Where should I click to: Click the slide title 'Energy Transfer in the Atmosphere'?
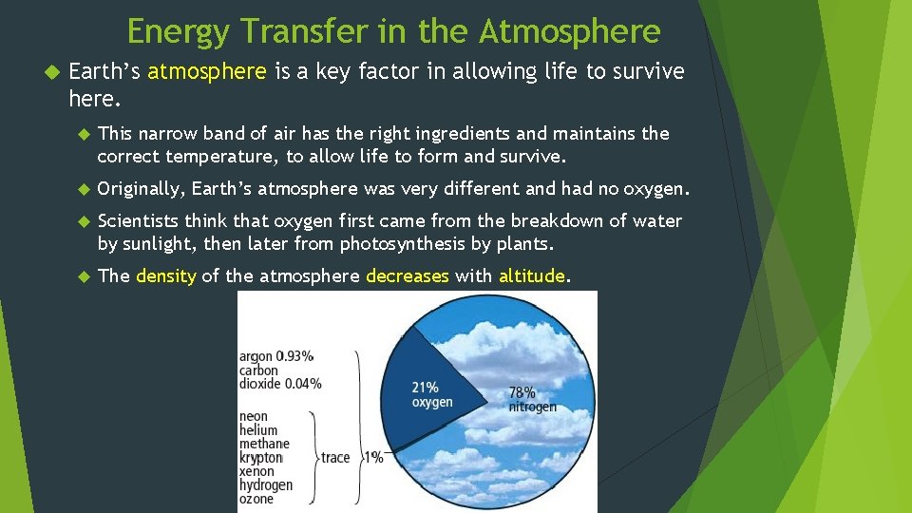tap(393, 31)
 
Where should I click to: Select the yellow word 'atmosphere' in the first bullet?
tap(208, 72)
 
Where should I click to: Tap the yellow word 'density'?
tap(165, 276)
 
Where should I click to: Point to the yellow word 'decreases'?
tap(408, 276)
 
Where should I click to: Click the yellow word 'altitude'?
tap(532, 276)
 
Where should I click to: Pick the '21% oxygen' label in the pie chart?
tap(431, 394)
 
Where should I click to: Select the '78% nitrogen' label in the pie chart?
tap(532, 399)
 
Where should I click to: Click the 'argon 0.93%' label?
tap(276, 356)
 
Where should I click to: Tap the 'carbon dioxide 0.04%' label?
tap(279, 377)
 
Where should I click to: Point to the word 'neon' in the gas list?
tap(254, 416)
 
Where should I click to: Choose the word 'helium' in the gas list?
tap(258, 430)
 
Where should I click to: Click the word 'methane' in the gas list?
tap(264, 444)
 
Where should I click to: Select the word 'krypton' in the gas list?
tap(261, 458)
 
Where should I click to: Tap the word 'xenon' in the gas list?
tap(256, 471)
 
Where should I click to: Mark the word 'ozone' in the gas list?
tap(256, 499)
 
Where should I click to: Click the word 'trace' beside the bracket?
tap(335, 457)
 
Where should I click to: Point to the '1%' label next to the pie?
tap(373, 457)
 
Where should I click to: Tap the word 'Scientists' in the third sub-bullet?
tap(139, 221)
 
